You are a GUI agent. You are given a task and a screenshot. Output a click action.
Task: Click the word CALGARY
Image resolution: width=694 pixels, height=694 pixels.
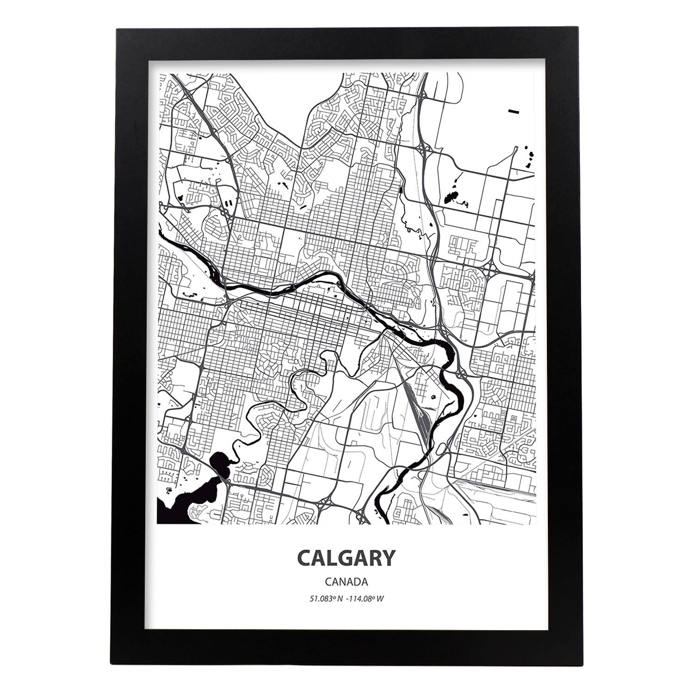(347, 558)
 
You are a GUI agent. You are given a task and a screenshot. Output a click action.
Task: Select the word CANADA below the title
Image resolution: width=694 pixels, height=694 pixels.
(347, 581)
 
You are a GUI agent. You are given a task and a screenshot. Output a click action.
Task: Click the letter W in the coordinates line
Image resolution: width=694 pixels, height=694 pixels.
(380, 598)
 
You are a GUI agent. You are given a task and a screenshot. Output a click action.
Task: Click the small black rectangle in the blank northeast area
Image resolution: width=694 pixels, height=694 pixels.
(514, 112)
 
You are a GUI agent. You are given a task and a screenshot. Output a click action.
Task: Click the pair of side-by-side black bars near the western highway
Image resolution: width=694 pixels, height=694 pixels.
(229, 202)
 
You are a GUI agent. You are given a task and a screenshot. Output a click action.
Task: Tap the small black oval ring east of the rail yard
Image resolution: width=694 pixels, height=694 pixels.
(434, 397)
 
